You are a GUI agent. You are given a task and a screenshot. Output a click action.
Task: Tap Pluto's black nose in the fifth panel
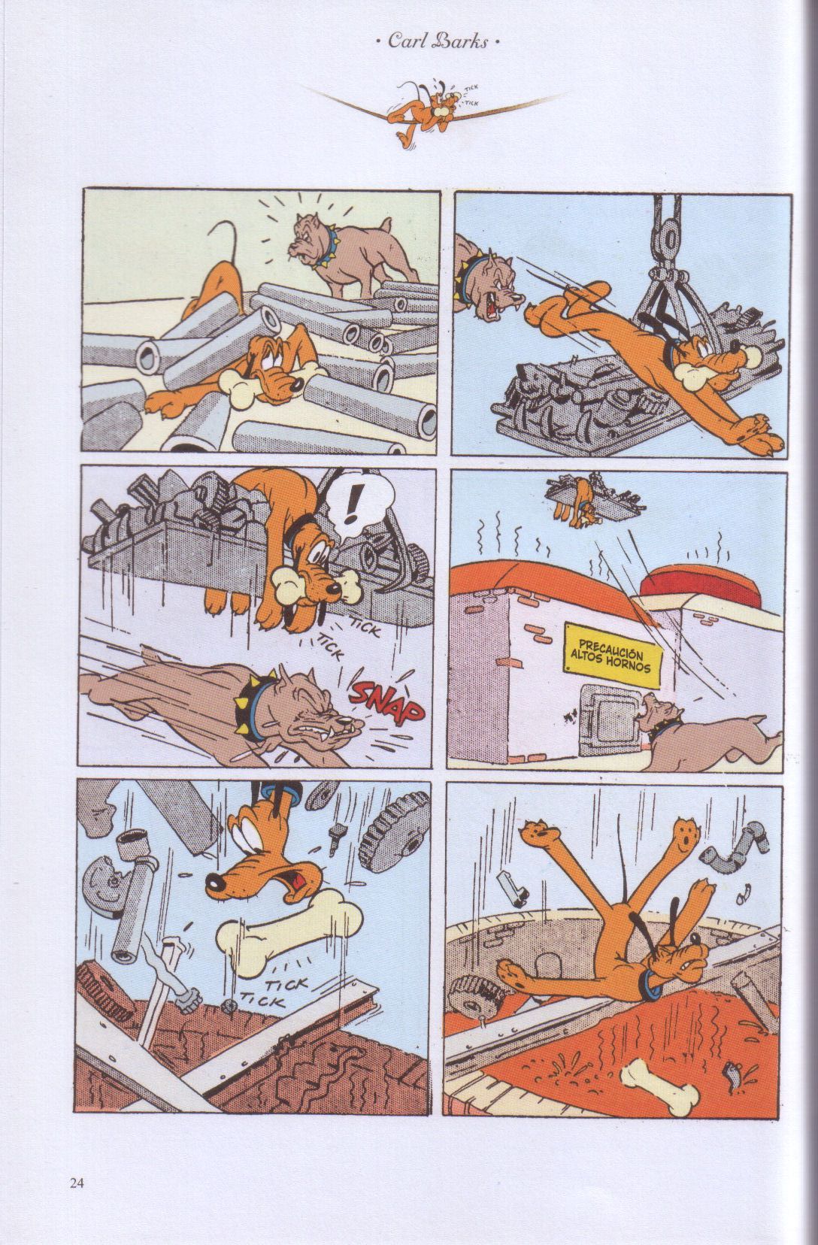pyautogui.click(x=214, y=880)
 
